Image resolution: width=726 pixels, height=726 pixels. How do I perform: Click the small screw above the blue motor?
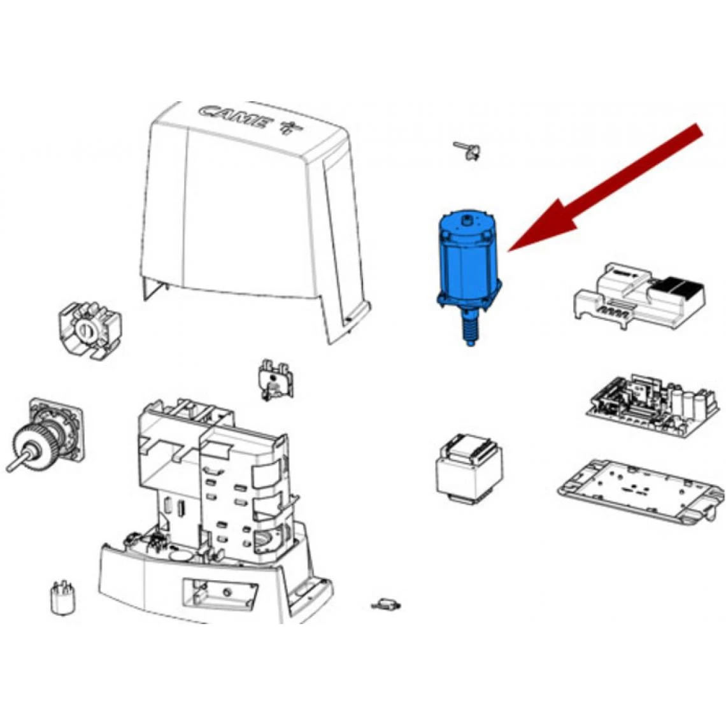[x=467, y=150]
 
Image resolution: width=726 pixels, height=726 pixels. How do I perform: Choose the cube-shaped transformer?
[x=469, y=468]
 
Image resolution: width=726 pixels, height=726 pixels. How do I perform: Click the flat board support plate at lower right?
[x=641, y=492]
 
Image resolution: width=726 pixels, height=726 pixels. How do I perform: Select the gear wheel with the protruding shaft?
[x=32, y=445]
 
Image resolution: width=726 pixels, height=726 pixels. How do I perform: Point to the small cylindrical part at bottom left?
[x=63, y=597]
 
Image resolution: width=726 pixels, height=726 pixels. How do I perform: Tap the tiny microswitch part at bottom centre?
[x=386, y=604]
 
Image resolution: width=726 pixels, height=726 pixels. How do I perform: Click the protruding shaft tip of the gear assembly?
[x=10, y=468]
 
